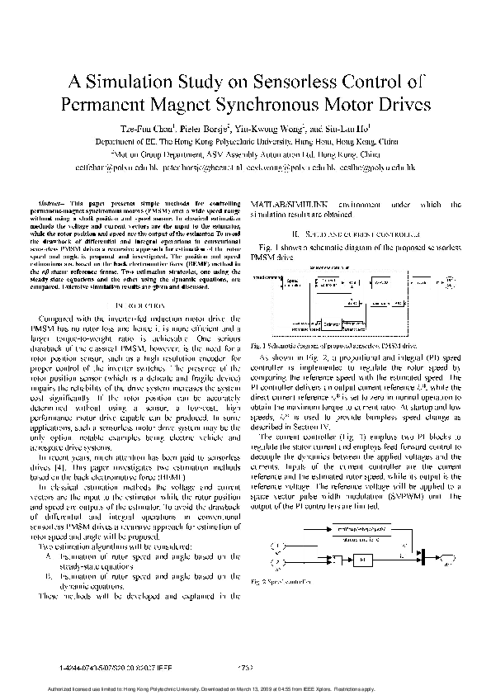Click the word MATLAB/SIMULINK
295,202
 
